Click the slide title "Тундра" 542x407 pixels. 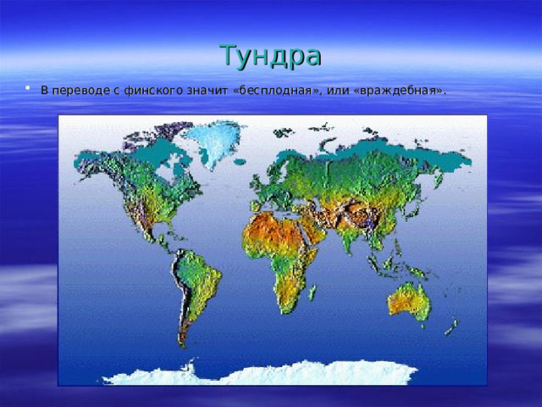tap(270, 55)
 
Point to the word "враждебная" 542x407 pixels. tap(401, 90)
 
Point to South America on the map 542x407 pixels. tap(195, 280)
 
